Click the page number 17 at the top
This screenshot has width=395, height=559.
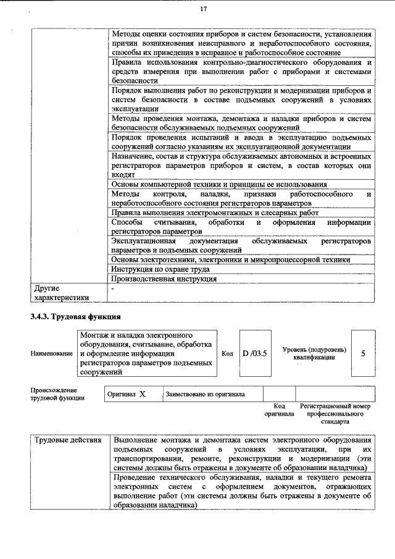[203, 9]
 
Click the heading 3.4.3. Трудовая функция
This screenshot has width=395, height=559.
[71, 317]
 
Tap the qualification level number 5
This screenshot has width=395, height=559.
[363, 353]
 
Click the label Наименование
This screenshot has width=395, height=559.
[51, 353]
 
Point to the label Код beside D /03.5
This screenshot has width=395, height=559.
[227, 353]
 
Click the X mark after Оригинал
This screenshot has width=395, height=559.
[142, 394]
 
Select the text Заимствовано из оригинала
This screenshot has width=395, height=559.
[205, 394]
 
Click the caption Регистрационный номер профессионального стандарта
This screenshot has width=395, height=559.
[335, 413]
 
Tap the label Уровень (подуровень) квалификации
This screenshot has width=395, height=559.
[314, 353]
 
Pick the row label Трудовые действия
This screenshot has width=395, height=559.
[68, 440]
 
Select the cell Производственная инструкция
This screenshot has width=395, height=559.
[164, 279]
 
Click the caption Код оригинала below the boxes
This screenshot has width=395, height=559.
[279, 410]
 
